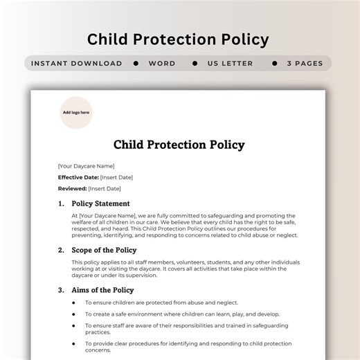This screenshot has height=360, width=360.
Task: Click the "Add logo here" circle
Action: click(x=76, y=112)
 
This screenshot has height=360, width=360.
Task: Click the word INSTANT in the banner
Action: click(x=53, y=63)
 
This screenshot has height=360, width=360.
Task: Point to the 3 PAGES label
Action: click(x=305, y=63)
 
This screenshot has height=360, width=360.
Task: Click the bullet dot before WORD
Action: click(x=135, y=63)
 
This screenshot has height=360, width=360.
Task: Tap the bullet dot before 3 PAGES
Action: click(x=274, y=63)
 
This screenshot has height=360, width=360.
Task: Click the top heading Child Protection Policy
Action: click(x=178, y=39)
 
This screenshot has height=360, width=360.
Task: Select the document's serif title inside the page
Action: click(x=179, y=145)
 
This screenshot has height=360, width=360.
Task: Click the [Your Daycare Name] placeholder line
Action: click(x=86, y=166)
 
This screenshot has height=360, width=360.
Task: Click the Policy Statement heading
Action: click(x=101, y=204)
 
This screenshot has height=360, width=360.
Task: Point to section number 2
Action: click(x=61, y=250)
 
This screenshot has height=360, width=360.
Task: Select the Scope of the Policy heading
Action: click(x=104, y=250)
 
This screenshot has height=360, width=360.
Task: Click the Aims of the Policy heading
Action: click(x=102, y=290)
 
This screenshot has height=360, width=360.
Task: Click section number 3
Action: click(x=61, y=290)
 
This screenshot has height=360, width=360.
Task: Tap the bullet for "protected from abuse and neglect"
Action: click(x=74, y=303)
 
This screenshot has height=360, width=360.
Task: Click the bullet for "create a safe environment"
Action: click(x=74, y=314)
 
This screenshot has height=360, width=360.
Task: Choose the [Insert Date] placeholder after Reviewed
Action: click(x=105, y=188)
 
